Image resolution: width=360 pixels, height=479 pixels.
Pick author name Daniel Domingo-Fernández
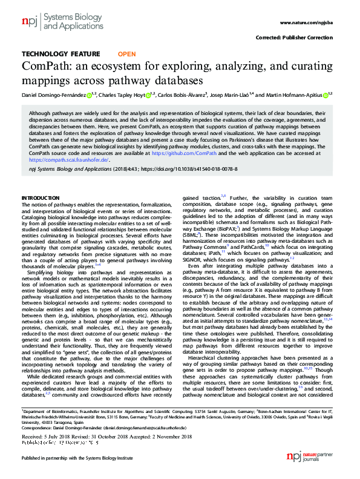coord(53,94)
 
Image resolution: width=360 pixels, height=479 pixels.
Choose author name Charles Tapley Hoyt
coord(123,94)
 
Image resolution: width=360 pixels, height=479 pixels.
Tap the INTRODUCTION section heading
coord(41,198)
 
